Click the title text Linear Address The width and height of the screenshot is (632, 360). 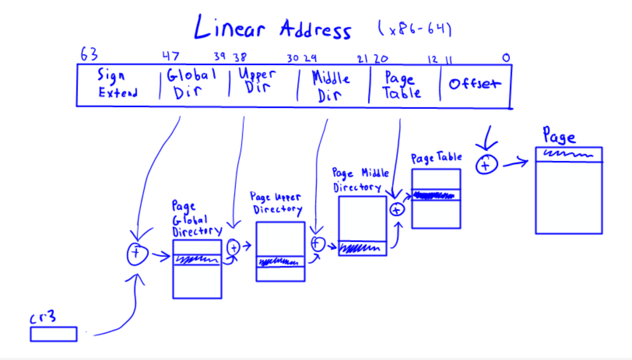[272, 29]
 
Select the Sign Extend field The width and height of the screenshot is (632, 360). [118, 85]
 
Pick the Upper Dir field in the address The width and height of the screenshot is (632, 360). [257, 81]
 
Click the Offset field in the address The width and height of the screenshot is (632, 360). [475, 84]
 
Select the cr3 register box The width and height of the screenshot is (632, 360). [53, 334]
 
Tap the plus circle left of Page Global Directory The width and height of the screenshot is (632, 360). [137, 253]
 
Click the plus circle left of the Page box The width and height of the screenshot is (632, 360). [486, 164]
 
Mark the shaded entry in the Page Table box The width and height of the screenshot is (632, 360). [436, 196]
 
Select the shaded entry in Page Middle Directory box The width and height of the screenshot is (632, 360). [363, 248]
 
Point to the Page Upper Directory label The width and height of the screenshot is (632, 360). [276, 203]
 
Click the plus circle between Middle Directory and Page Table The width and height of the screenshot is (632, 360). [396, 210]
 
